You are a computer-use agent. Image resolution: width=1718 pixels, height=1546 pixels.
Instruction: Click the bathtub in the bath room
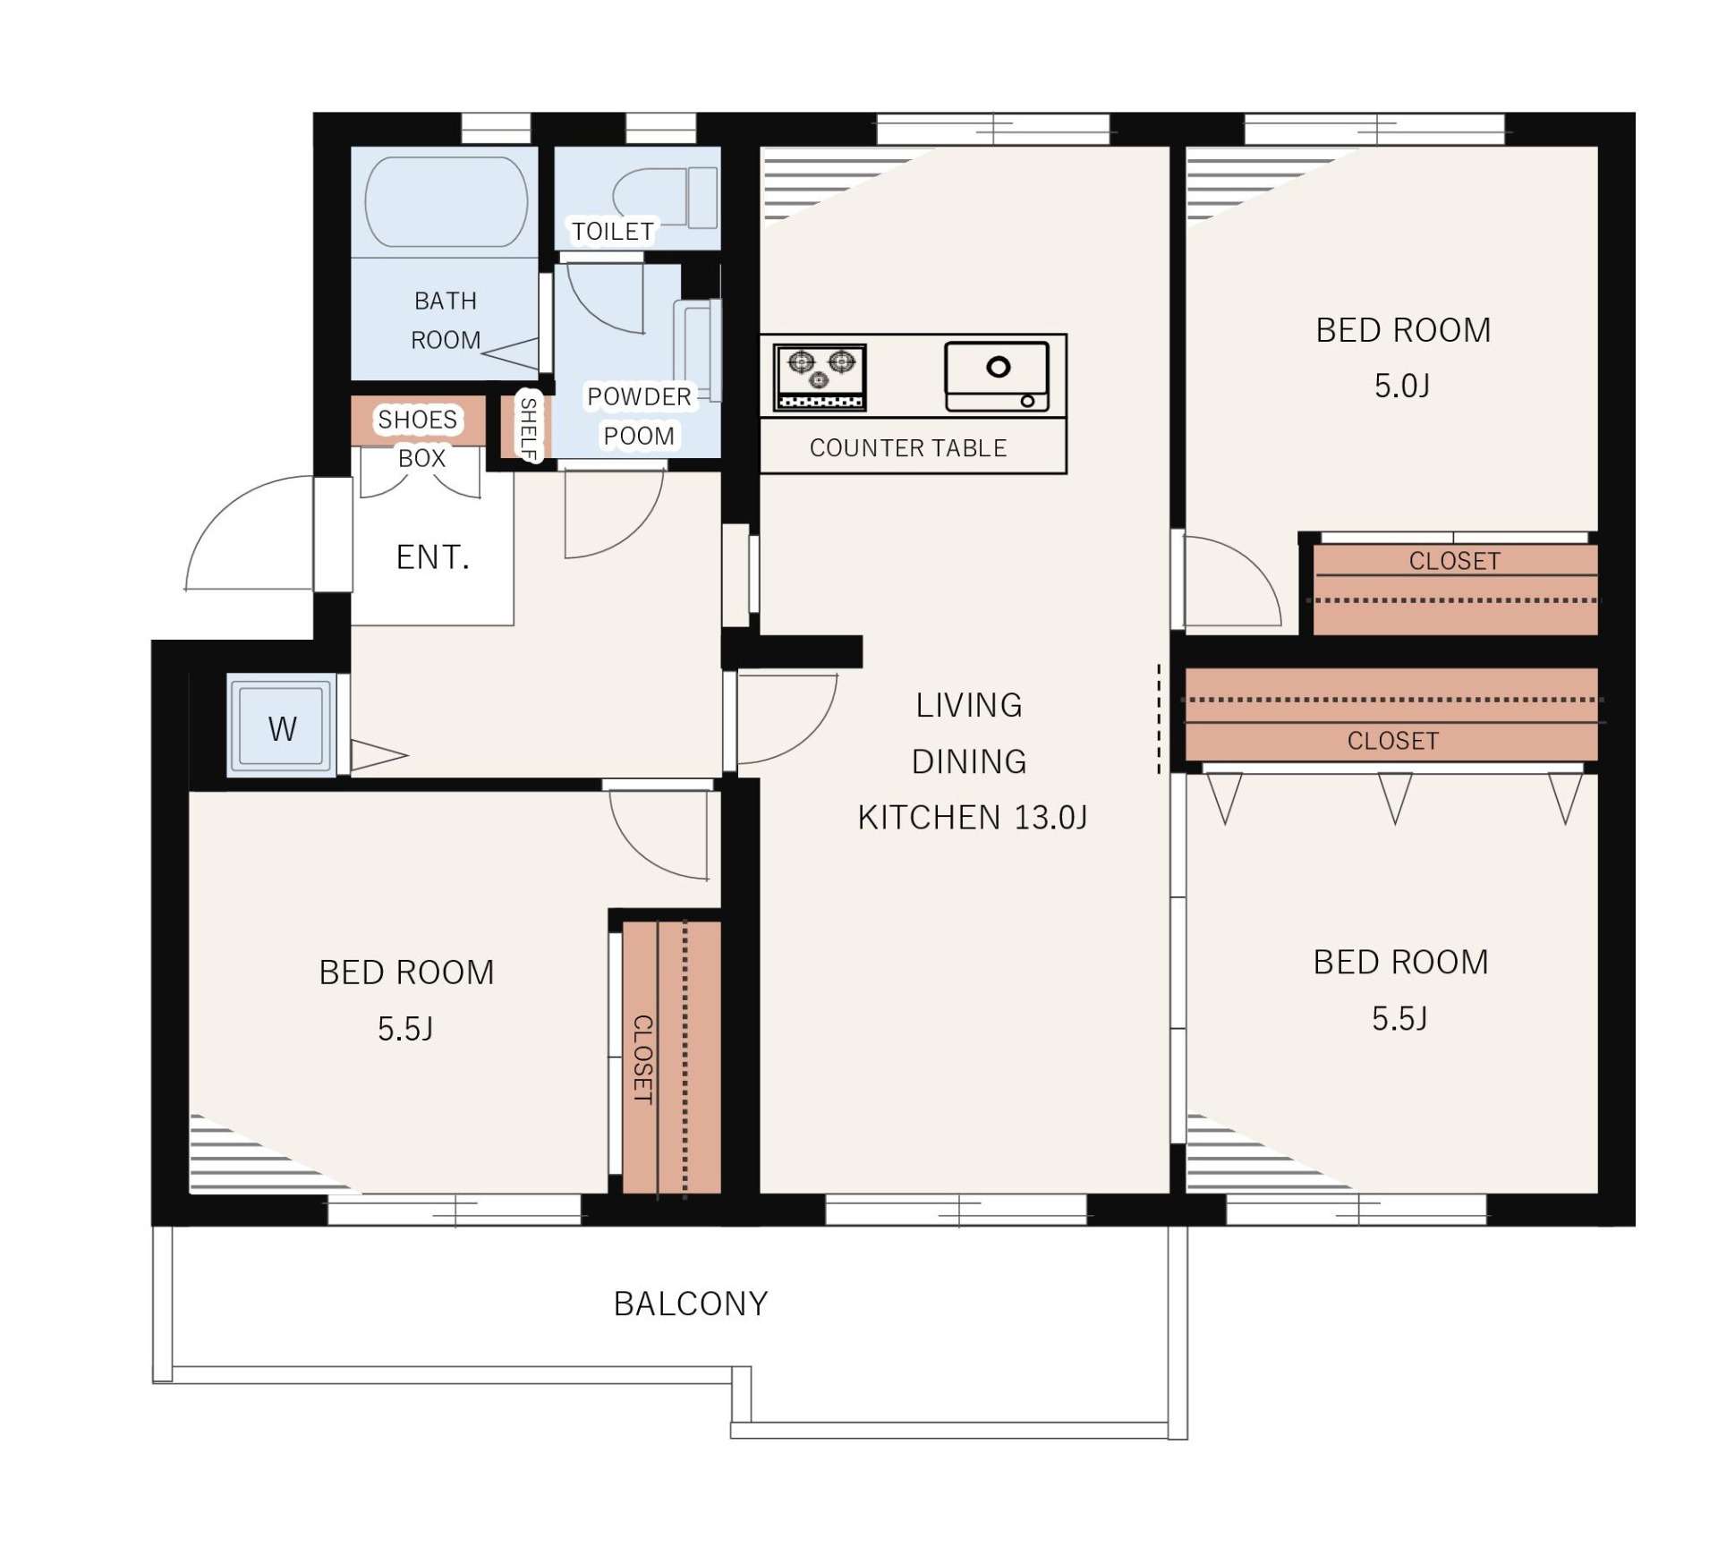pyautogui.click(x=446, y=201)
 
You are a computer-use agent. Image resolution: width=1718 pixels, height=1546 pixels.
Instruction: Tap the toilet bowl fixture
pyautogui.click(x=665, y=198)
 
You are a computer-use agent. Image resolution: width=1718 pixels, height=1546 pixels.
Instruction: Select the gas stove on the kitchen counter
pyautogui.click(x=820, y=377)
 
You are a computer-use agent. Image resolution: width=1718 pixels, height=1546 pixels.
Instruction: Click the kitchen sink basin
pyautogui.click(x=997, y=376)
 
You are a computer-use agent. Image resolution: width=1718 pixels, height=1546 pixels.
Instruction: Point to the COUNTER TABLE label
pyautogui.click(x=908, y=447)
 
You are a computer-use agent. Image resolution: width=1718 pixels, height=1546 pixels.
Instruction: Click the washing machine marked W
pyautogui.click(x=282, y=726)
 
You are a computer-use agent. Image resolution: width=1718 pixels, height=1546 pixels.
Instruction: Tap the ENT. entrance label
pyautogui.click(x=432, y=557)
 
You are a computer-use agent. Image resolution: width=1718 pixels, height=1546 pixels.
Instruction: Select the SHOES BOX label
pyautogui.click(x=418, y=438)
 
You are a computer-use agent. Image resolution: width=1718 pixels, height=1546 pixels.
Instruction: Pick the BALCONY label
pyautogui.click(x=691, y=1304)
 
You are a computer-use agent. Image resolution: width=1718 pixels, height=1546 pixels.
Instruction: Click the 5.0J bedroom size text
pyautogui.click(x=1402, y=386)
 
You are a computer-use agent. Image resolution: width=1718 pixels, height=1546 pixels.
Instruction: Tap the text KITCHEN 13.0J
pyautogui.click(x=973, y=817)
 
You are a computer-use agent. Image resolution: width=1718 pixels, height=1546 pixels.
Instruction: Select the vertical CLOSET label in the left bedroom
pyautogui.click(x=642, y=1059)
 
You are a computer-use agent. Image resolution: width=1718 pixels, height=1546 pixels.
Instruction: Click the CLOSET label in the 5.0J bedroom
pyautogui.click(x=1454, y=561)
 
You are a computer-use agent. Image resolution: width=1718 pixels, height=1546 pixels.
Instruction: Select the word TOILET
pyautogui.click(x=613, y=232)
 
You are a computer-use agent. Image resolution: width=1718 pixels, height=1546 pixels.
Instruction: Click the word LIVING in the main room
pyautogui.click(x=968, y=705)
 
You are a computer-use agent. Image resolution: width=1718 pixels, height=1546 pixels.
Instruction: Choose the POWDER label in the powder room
pyautogui.click(x=639, y=396)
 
